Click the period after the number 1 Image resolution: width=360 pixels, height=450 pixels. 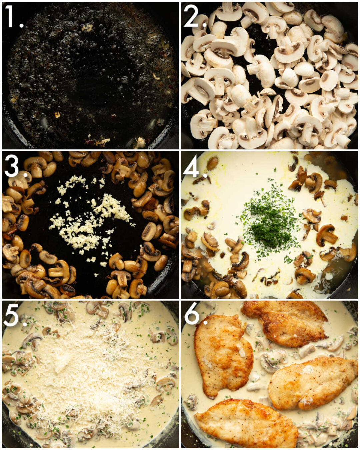coord(21,25)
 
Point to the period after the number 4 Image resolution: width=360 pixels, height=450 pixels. coord(205,175)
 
